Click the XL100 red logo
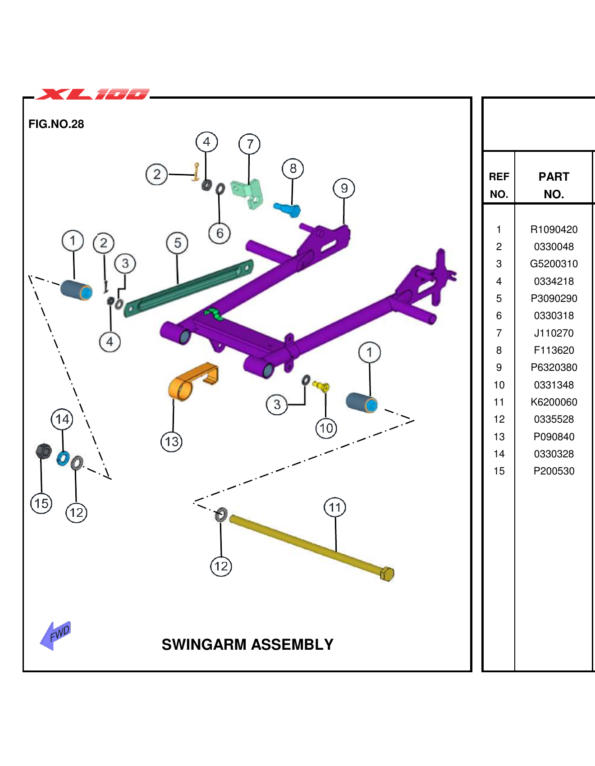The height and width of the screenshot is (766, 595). pos(92,94)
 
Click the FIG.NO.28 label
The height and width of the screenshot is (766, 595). pos(56,124)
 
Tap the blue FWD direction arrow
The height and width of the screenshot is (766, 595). pos(55,635)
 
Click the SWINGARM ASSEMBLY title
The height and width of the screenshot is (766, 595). pos(247,644)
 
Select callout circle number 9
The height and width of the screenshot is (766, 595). pos(344,188)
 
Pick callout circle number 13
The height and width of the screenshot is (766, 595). pos(172,442)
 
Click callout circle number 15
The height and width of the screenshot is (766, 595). pos(41,503)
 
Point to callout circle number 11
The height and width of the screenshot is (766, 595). pos(335,507)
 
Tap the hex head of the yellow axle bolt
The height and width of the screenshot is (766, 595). pos(387,574)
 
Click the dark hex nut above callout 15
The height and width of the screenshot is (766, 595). pos(43,451)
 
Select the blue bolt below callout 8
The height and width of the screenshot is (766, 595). pos(288,209)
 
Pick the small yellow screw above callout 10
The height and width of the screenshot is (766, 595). pos(321,386)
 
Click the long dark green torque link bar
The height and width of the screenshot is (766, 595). pos(189,288)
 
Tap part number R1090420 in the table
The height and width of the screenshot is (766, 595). pos(554,229)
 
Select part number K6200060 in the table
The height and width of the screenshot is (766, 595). pos(554,402)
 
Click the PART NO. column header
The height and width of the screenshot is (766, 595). pos(554,185)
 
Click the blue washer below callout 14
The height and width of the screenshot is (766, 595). pos(63,459)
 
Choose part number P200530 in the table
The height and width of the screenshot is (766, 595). pos(554,471)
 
